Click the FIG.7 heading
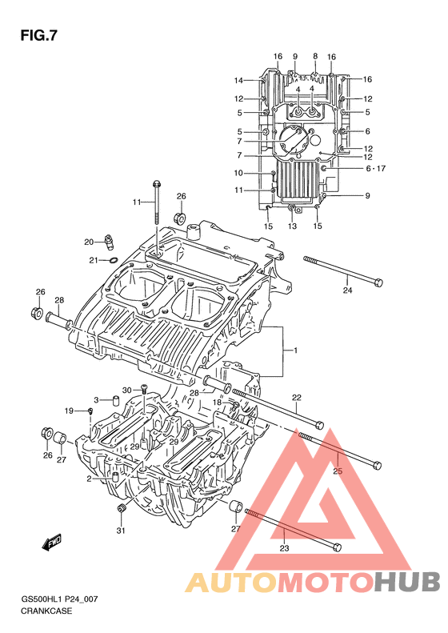[x=38, y=36]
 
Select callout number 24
[x=347, y=290]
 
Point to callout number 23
[x=284, y=548]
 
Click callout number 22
[x=297, y=398]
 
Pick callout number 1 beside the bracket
[x=295, y=351]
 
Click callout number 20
[x=89, y=242]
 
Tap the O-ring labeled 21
[x=114, y=260]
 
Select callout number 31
[x=121, y=531]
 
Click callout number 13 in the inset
[x=292, y=226]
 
